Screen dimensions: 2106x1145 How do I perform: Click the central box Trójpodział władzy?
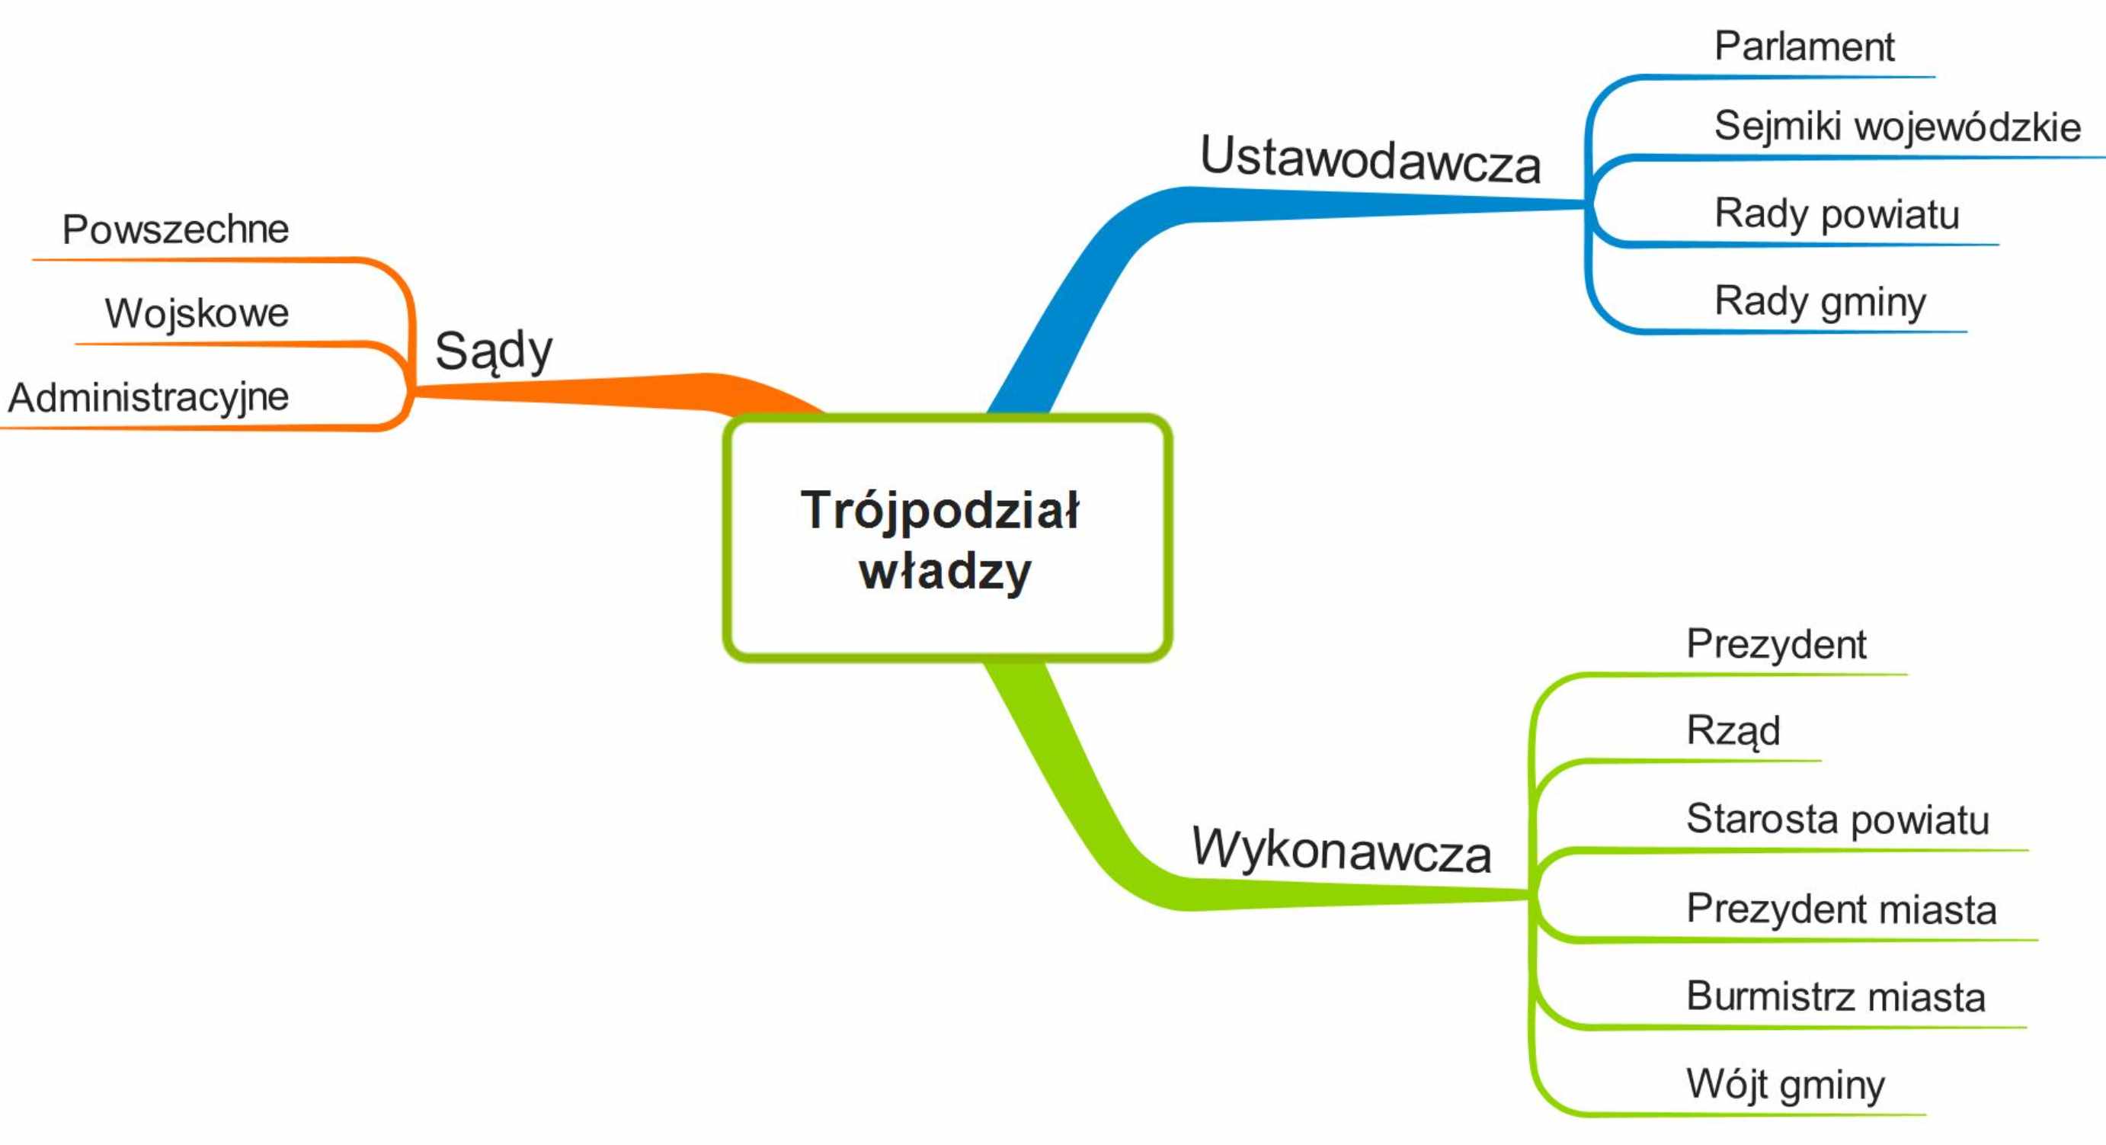pyautogui.click(x=948, y=538)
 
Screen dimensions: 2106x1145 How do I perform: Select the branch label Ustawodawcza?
pyautogui.click(x=1370, y=159)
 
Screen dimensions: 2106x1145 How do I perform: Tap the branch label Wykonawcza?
pyautogui.click(x=1341, y=850)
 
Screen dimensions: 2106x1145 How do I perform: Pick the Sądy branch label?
pyautogui.click(x=494, y=351)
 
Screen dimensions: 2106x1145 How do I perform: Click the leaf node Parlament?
pyautogui.click(x=1804, y=46)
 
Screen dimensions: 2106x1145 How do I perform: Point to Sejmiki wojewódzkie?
pyautogui.click(x=1897, y=127)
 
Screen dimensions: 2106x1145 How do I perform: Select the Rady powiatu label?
pyautogui.click(x=1837, y=214)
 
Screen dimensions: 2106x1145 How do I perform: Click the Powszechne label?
pyautogui.click(x=176, y=229)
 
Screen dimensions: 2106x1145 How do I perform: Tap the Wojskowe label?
pyautogui.click(x=197, y=313)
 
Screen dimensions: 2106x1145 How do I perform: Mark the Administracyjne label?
pyautogui.click(x=149, y=398)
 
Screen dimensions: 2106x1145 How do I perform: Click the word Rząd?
pyautogui.click(x=1733, y=730)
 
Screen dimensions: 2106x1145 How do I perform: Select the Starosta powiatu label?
pyautogui.click(x=1838, y=819)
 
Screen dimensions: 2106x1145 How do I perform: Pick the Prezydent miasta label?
pyautogui.click(x=1842, y=909)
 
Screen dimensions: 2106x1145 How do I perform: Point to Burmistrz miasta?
pyautogui.click(x=1836, y=997)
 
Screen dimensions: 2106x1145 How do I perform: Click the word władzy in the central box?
pyautogui.click(x=945, y=571)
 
